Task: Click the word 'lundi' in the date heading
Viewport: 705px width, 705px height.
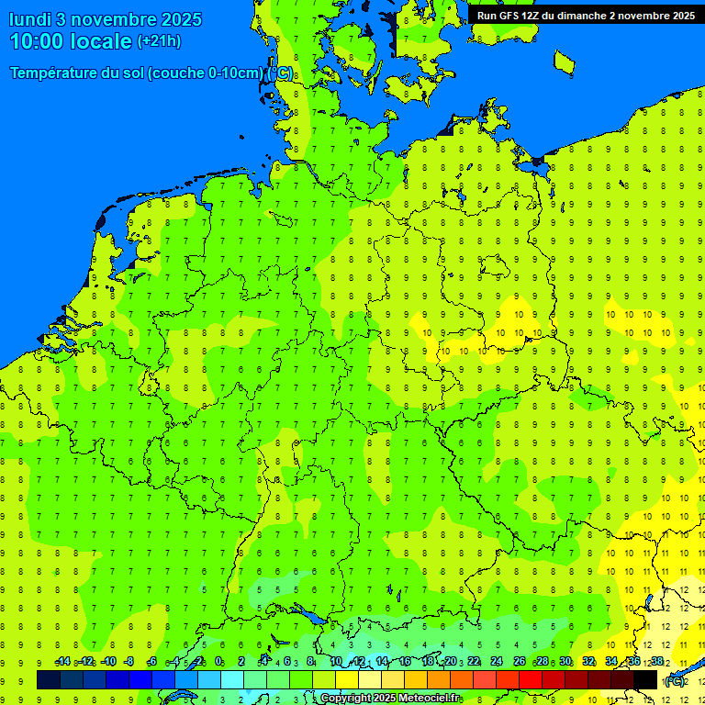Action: (x=30, y=19)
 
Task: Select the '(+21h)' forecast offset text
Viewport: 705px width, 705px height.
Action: (x=159, y=41)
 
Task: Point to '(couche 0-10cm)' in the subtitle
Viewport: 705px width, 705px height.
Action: (x=207, y=73)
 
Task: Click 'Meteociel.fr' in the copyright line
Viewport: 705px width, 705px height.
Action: (x=429, y=699)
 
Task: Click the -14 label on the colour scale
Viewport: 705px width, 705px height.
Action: (x=62, y=662)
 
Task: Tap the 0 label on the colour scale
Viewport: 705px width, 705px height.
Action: (x=218, y=662)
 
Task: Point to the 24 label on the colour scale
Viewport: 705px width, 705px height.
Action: (x=496, y=662)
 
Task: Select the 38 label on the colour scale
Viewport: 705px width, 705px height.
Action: (x=657, y=662)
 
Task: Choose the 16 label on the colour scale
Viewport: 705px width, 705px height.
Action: (x=404, y=662)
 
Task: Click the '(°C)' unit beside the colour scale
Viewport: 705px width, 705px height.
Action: (x=674, y=681)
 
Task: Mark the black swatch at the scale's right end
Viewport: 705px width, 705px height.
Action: (x=645, y=680)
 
